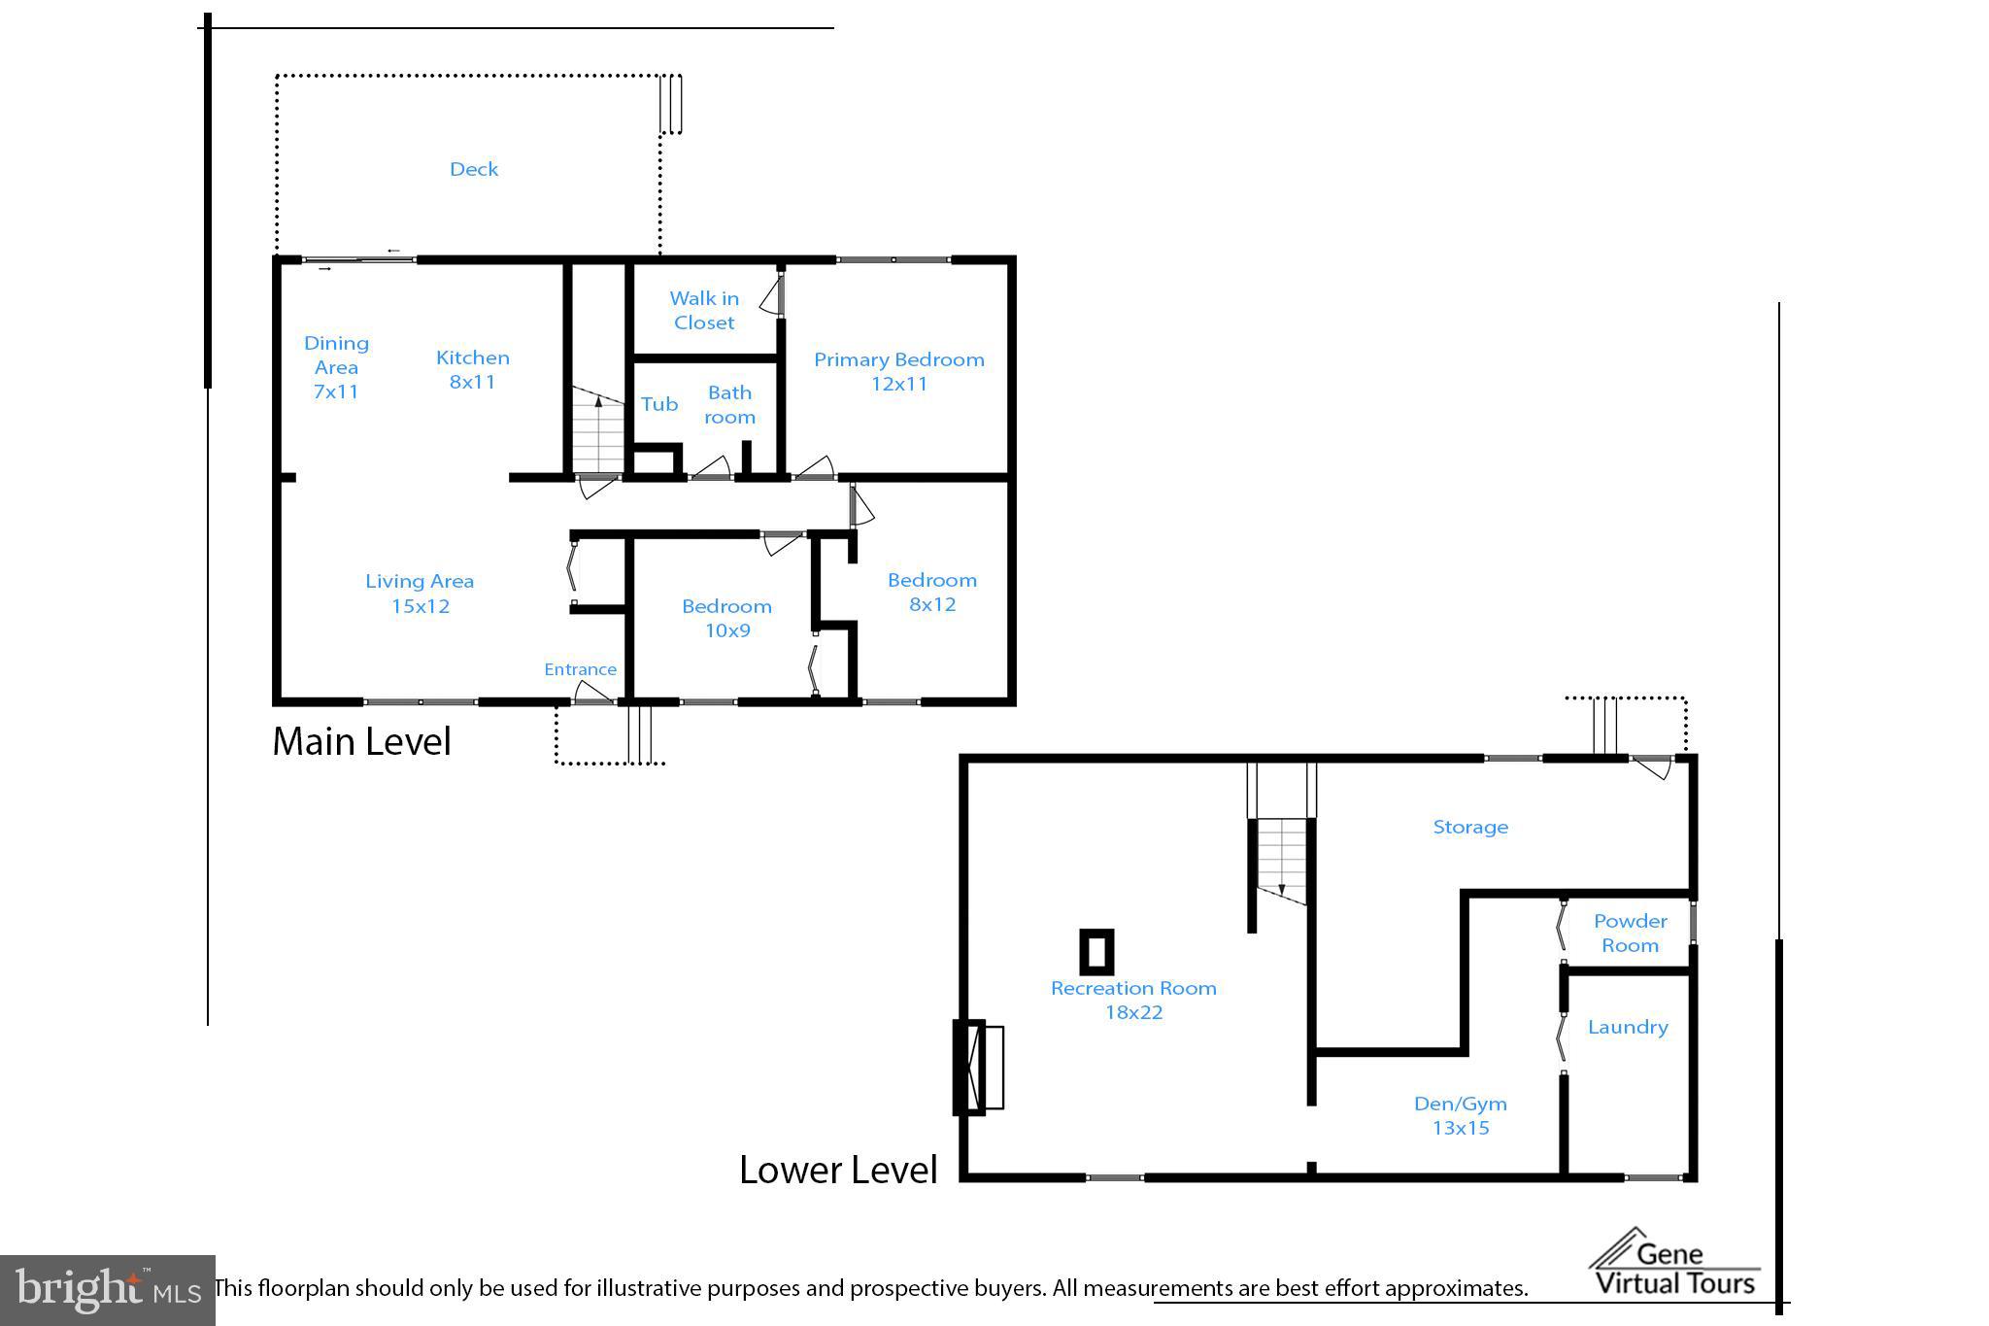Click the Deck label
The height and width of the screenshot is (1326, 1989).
point(474,169)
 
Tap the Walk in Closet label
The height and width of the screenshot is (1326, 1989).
point(704,310)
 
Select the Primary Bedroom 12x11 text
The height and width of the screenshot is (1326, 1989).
point(898,371)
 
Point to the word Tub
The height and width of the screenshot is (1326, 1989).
point(658,404)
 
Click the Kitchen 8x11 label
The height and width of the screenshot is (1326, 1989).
point(472,369)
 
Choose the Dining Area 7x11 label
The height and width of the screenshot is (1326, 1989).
point(336,367)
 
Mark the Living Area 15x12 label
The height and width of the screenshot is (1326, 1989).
point(420,593)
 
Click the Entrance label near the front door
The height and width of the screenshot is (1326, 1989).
point(580,669)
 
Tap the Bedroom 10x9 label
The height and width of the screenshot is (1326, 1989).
point(726,618)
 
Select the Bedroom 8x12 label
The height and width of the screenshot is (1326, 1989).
point(931,592)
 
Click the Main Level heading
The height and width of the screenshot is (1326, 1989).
point(361,741)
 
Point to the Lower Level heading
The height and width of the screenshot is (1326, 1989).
point(838,1169)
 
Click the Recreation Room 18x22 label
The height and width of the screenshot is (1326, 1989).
point(1133,1000)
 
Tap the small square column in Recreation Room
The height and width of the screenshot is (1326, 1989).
point(1096,952)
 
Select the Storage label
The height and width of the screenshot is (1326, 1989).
point(1470,827)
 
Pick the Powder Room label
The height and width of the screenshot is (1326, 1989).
point(1630,933)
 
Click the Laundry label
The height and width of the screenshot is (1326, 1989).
point(1628,1027)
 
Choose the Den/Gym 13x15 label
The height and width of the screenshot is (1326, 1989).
point(1460,1115)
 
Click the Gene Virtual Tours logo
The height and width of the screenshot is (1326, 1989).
point(1675,1266)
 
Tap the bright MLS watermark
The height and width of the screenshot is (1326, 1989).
point(107,1290)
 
